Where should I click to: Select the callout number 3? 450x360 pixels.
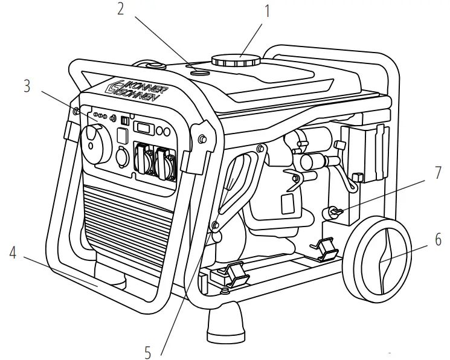(26, 86)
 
